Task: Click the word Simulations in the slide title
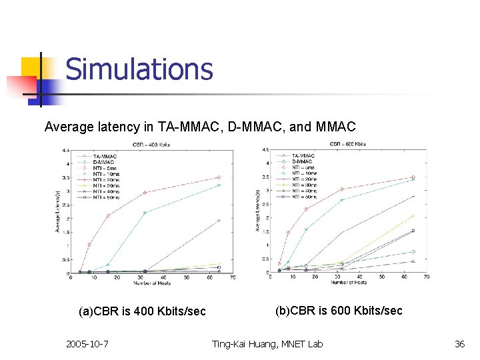pos(139,69)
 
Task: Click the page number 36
pos(459,344)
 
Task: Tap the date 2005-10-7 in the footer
pos(88,344)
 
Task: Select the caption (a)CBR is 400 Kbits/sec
pos(142,311)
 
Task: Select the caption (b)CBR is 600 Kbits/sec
pos(339,311)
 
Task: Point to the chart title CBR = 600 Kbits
pos(348,144)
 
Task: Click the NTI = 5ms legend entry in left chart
pos(105,167)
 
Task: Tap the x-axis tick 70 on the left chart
pos(232,278)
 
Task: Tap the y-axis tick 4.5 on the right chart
pos(266,149)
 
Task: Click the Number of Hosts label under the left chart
pos(151,283)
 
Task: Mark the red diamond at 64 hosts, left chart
pos(219,177)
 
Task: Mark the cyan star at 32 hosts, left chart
pos(145,213)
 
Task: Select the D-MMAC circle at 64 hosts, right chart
pos(413,252)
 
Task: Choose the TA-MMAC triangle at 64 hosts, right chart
pos(413,261)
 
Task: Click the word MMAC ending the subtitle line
pos(337,126)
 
